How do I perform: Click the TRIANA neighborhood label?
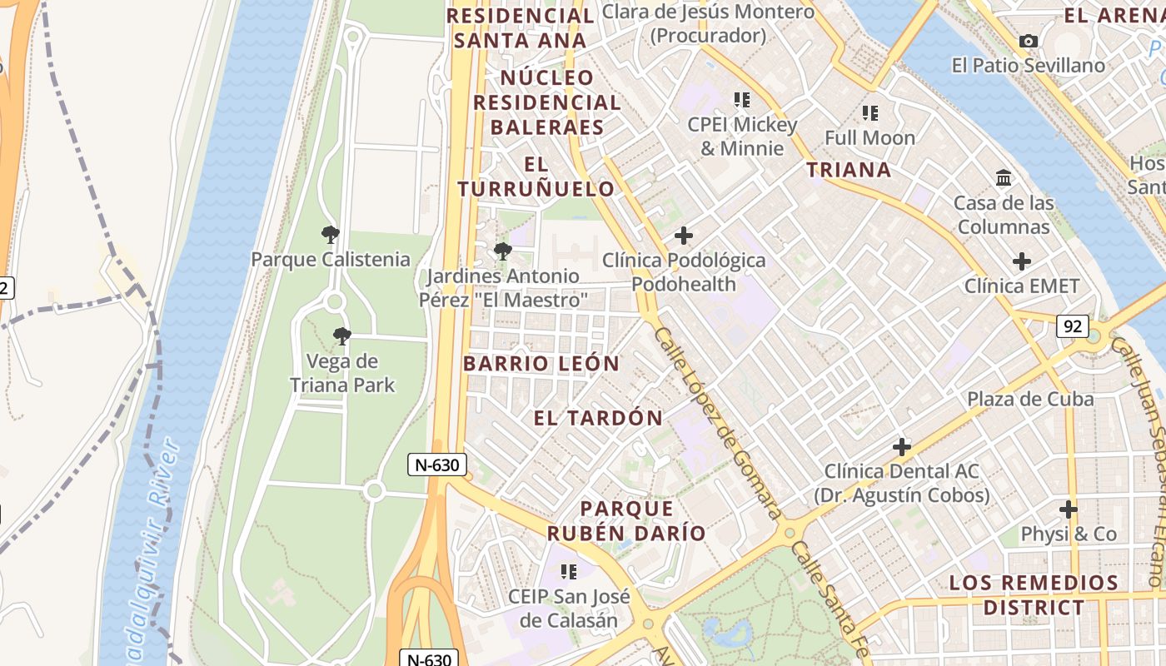pyautogui.click(x=849, y=170)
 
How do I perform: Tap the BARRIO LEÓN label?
pyautogui.click(x=541, y=364)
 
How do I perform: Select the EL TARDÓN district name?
pyautogui.click(x=598, y=418)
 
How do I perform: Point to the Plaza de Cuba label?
pyautogui.click(x=1030, y=399)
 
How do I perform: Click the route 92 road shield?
pyautogui.click(x=1072, y=326)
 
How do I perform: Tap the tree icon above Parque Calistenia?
pyautogui.click(x=331, y=235)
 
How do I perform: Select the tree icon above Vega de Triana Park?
pyautogui.click(x=341, y=336)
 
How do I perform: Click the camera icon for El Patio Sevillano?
pyautogui.click(x=1029, y=41)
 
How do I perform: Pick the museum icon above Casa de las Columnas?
pyautogui.click(x=1004, y=178)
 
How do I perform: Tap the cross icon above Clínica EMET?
pyautogui.click(x=1022, y=261)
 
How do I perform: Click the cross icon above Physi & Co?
pyautogui.click(x=1069, y=509)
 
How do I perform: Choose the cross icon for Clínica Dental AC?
pyautogui.click(x=902, y=447)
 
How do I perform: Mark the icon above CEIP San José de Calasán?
pyautogui.click(x=569, y=572)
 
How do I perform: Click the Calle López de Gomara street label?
pyautogui.click(x=717, y=423)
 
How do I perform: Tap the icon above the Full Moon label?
pyautogui.click(x=870, y=112)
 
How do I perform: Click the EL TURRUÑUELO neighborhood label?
pyautogui.click(x=536, y=176)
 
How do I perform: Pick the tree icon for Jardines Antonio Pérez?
pyautogui.click(x=502, y=251)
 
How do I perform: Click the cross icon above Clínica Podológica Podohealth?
pyautogui.click(x=684, y=236)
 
